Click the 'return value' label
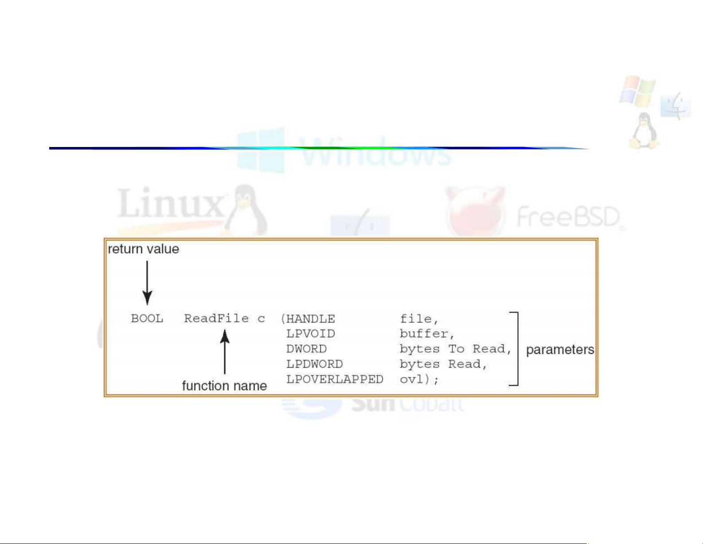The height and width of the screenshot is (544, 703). (x=143, y=249)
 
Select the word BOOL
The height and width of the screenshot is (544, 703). (x=147, y=319)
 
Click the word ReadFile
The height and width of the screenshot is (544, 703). (x=216, y=318)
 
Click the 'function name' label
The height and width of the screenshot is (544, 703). (x=224, y=386)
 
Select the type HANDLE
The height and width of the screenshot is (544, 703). (x=310, y=319)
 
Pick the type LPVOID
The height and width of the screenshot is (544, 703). (x=310, y=334)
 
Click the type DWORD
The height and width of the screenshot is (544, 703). (x=306, y=349)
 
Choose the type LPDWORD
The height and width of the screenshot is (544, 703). (x=314, y=364)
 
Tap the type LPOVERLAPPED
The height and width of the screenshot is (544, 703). (x=335, y=379)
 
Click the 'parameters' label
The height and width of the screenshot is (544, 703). (x=560, y=350)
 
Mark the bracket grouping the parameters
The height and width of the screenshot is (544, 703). (x=516, y=349)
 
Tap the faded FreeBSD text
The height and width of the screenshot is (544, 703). (x=568, y=217)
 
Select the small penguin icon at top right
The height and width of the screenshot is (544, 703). (x=644, y=131)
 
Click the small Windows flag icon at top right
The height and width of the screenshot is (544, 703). (x=637, y=91)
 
